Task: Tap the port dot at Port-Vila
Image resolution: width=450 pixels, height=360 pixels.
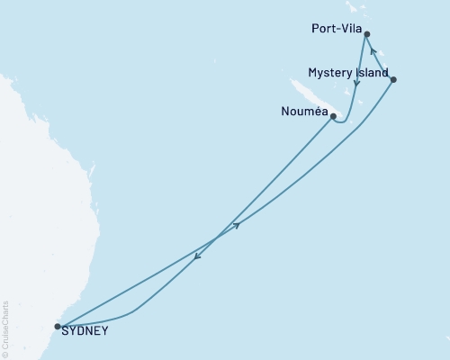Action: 366,35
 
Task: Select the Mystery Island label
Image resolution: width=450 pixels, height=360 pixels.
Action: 348,73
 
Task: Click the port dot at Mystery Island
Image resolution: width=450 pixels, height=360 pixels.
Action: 394,80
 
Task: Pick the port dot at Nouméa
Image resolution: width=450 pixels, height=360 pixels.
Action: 333,116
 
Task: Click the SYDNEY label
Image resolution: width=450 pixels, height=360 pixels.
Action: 86,330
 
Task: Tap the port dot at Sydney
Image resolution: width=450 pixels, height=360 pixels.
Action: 58,327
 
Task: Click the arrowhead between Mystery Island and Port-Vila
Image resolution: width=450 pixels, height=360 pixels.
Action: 374,63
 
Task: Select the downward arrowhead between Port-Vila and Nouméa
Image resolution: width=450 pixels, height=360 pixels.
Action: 357,85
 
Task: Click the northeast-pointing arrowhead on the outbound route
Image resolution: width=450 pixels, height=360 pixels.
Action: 237,226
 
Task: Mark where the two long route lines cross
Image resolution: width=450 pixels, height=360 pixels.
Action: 214,240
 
